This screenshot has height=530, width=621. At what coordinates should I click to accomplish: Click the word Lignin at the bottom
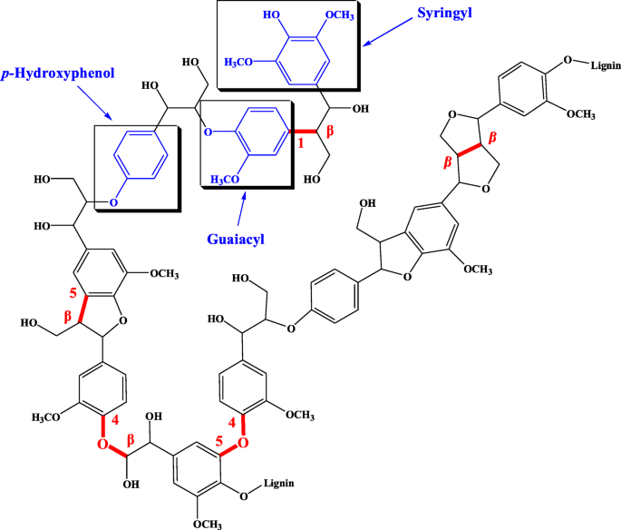(x=284, y=482)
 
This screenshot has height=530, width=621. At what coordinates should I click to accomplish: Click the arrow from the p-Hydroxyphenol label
(x=96, y=104)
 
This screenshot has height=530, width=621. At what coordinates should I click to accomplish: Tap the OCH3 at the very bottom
(x=208, y=523)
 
